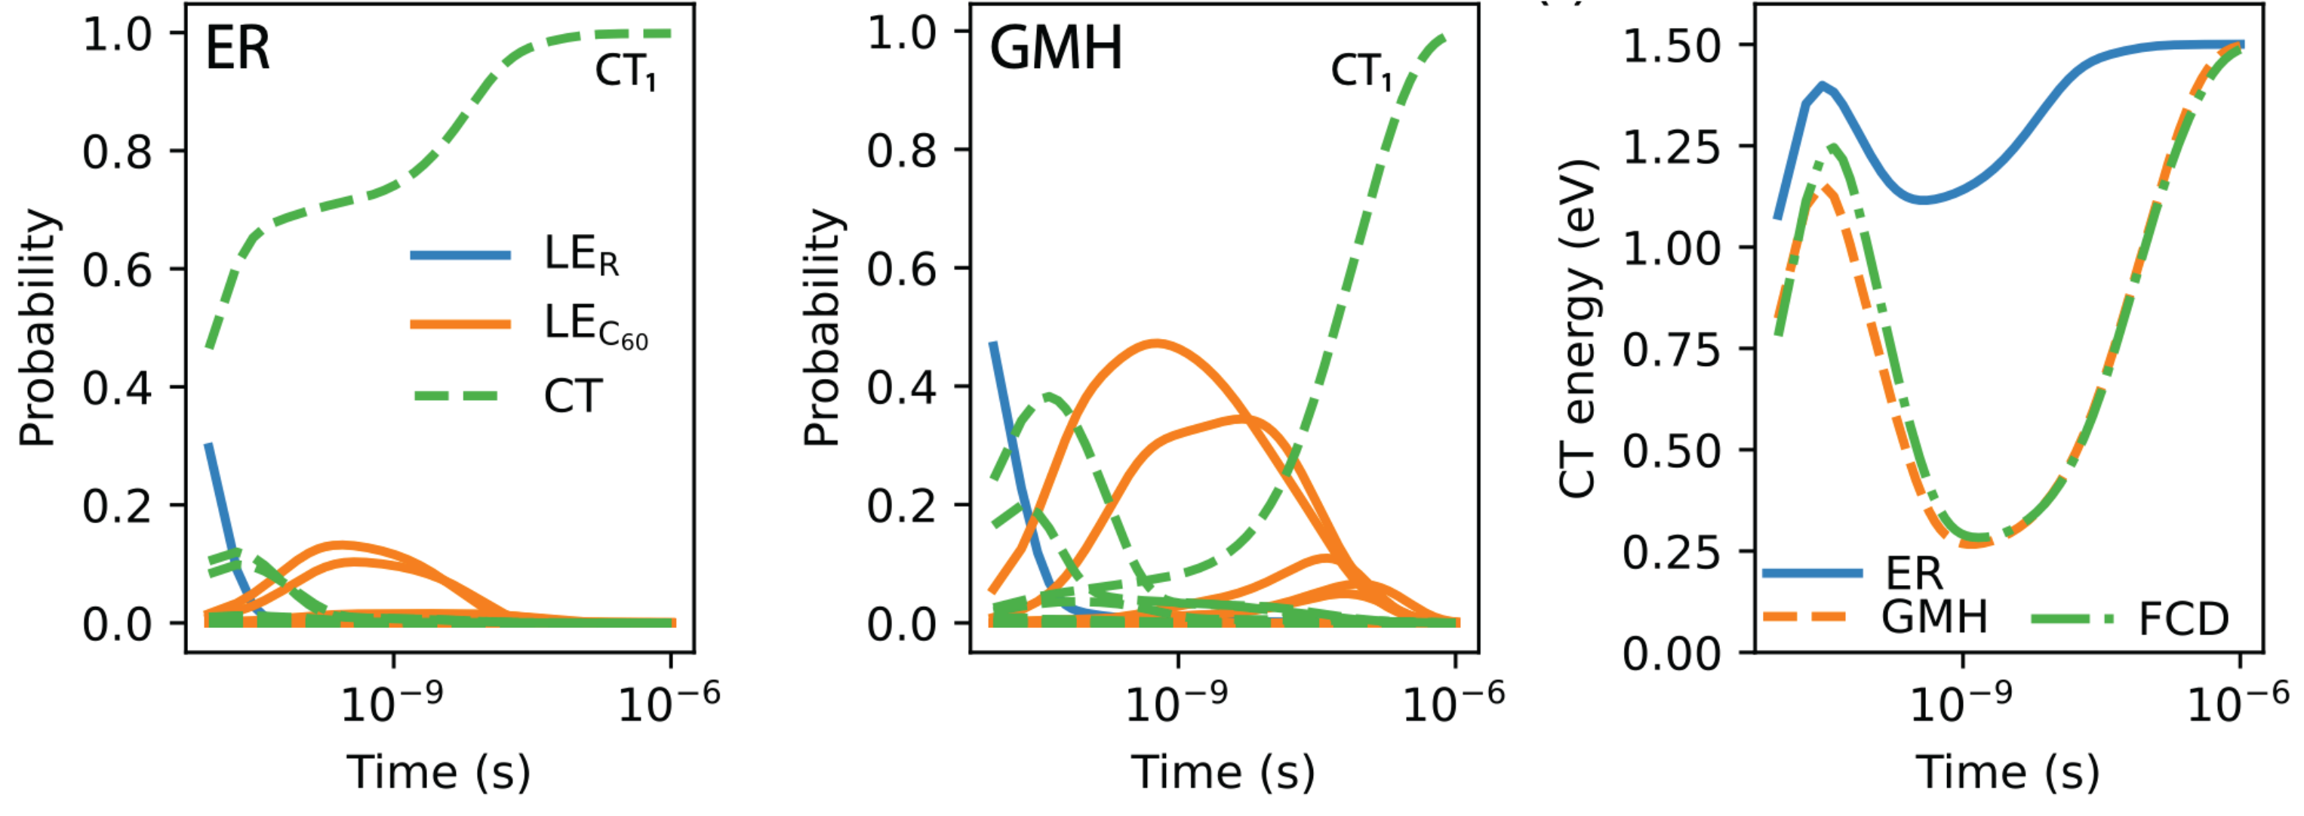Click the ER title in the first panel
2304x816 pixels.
pyautogui.click(x=237, y=48)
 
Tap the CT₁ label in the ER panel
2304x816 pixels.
pyautogui.click(x=625, y=72)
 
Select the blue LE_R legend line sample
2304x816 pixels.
pyautogui.click(x=460, y=256)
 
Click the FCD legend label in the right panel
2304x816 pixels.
pyautogui.click(x=2183, y=619)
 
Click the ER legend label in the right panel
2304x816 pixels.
pyautogui.click(x=1914, y=574)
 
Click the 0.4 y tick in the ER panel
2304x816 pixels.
pyautogui.click(x=117, y=388)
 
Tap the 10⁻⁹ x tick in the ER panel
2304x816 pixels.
pyautogui.click(x=392, y=702)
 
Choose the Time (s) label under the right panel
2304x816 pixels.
pyautogui.click(x=2007, y=772)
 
